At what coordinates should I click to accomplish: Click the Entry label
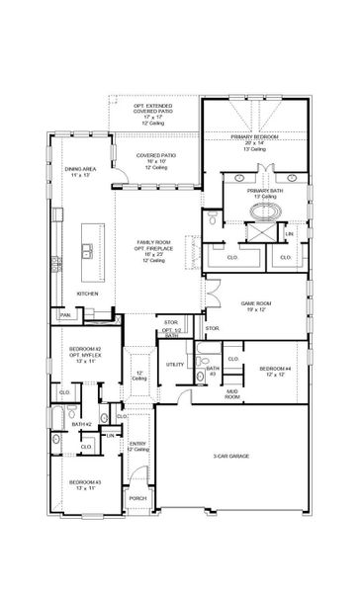click(138, 445)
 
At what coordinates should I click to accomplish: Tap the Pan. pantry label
click(64, 315)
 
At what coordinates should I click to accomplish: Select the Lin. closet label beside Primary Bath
click(289, 232)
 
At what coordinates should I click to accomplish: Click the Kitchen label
click(87, 294)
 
